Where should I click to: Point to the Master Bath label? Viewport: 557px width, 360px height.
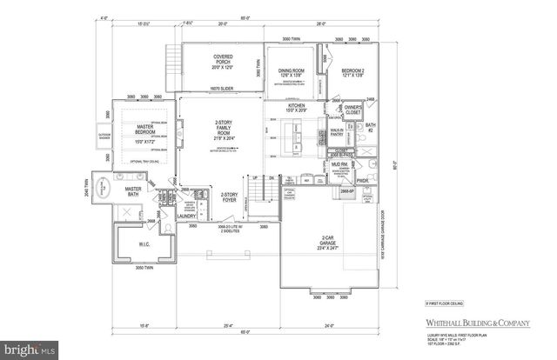(133, 191)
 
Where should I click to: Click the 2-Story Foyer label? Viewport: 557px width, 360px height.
(229, 197)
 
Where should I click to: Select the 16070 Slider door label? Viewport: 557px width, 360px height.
(205, 89)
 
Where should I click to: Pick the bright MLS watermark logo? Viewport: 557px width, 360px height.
(28, 350)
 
